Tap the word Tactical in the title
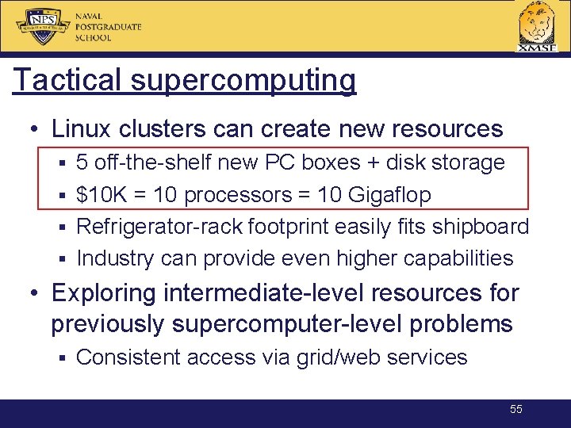(x=61, y=80)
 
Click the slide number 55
(x=516, y=409)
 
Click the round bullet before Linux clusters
(x=36, y=129)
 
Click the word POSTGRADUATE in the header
(x=108, y=27)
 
